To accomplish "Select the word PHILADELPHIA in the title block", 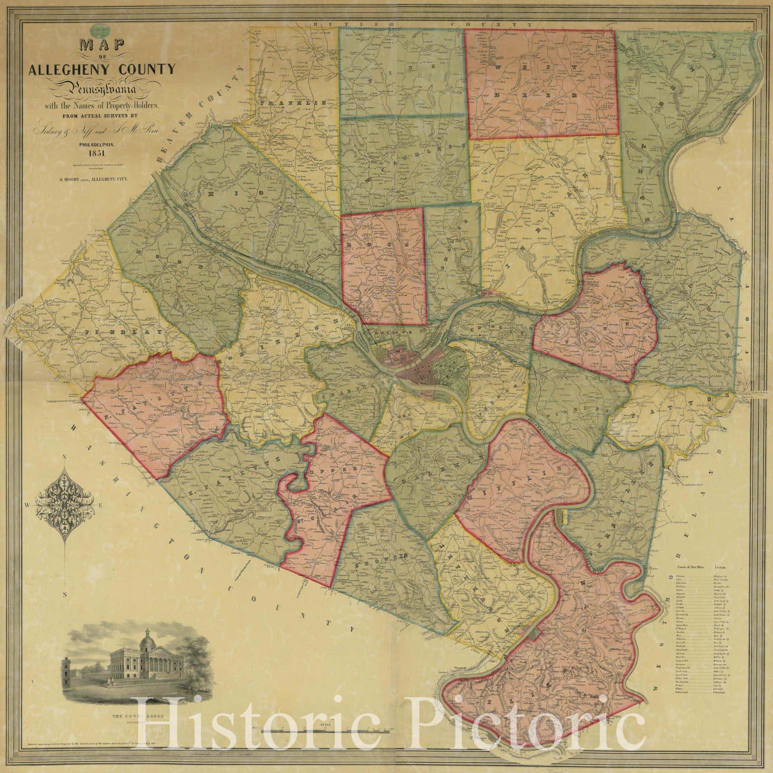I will (101, 143).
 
